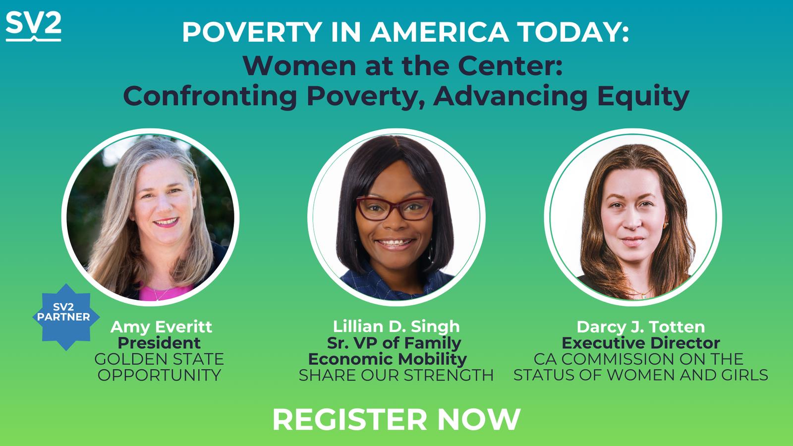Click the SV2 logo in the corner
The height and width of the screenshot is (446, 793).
pos(34,26)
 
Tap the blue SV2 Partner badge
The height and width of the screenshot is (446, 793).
pos(66,317)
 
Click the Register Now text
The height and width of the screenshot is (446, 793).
pos(396,419)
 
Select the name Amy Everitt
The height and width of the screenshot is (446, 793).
pos(161,327)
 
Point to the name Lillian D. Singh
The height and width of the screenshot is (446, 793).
pos(396,327)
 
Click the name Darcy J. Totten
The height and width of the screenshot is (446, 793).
pos(641,327)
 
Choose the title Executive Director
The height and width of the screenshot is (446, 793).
pos(641,343)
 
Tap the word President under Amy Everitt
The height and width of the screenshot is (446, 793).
pos(159,343)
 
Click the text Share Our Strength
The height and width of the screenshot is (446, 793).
pos(396,375)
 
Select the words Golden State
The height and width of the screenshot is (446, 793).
pos(159,359)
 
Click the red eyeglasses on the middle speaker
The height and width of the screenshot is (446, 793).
pos(395,209)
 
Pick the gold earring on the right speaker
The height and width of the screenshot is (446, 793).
pos(666,225)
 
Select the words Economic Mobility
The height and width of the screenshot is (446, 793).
pos(388,359)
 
